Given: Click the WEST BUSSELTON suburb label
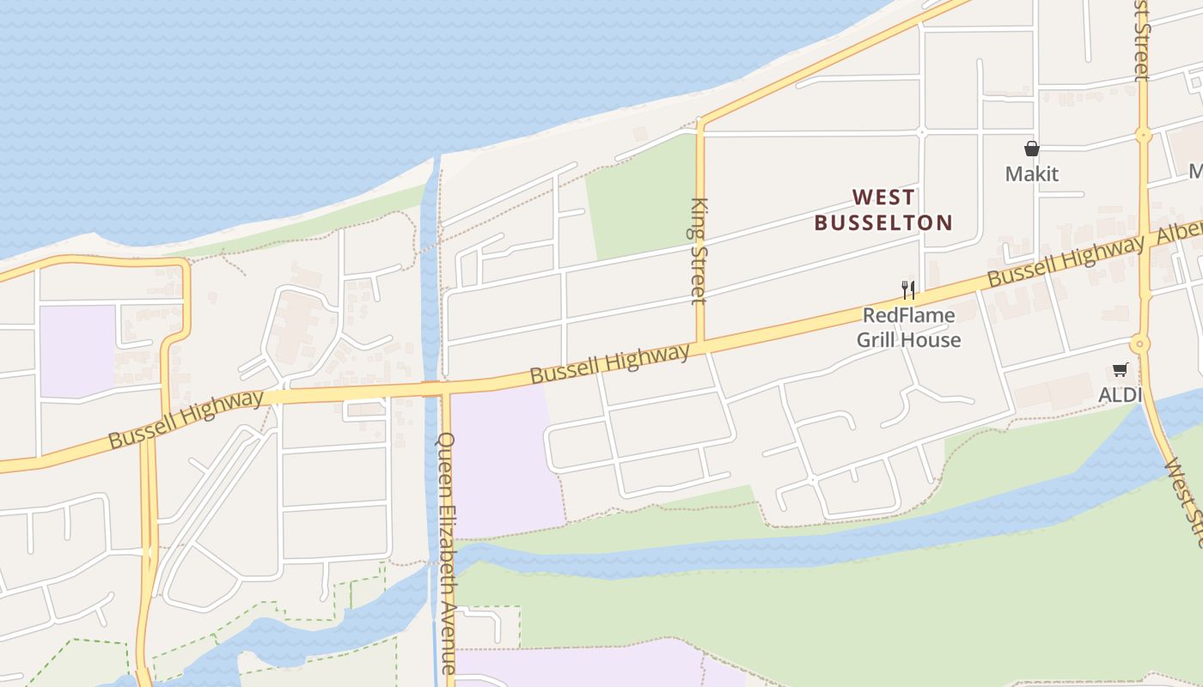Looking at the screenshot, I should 883,210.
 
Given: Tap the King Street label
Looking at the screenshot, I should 699,251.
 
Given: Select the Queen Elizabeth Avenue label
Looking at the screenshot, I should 448,551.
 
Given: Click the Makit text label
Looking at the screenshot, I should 1031,174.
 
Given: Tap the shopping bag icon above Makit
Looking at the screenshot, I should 1031,149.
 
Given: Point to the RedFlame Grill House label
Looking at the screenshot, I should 908,327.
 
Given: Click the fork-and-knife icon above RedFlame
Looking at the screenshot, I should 908,289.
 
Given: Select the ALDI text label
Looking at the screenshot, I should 1121,395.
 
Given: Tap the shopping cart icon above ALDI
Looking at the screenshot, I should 1120,370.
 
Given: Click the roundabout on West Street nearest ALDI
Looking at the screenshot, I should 1140,344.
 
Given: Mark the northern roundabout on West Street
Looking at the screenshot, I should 1143,135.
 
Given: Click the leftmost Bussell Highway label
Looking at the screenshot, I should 186,419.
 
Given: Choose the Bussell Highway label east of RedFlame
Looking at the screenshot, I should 1066,261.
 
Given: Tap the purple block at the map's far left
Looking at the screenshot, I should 77,350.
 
